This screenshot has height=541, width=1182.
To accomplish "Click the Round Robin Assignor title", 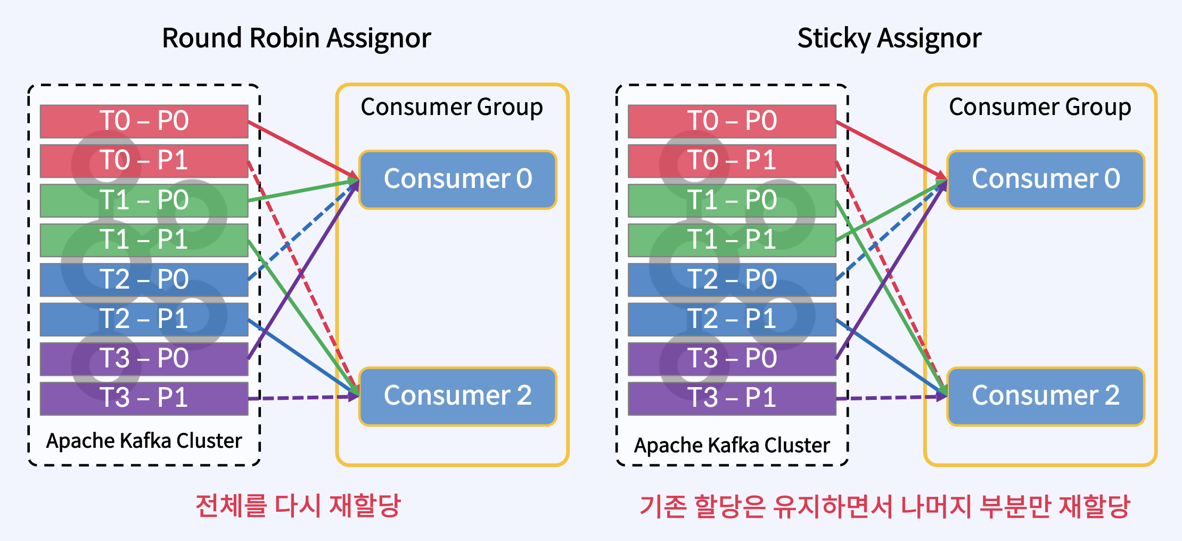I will pos(296,38).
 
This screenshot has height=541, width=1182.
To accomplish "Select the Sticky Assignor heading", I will pos(889,38).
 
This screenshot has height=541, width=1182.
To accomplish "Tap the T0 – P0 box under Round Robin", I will pos(144,121).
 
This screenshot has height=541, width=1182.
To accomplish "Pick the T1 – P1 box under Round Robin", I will pos(144,240).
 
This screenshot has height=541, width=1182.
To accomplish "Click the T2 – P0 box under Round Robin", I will pos(144,280).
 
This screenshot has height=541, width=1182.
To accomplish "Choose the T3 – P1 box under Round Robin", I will pos(144,398).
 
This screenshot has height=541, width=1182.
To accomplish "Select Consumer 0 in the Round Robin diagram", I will pos(458,179).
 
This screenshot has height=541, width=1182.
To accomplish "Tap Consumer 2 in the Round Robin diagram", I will pos(458,396).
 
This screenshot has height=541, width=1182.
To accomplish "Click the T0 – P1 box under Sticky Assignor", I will pos(732,160).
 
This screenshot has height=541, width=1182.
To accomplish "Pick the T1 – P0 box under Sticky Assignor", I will pos(732,200).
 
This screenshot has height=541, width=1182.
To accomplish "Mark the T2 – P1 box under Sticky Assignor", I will pos(732,319).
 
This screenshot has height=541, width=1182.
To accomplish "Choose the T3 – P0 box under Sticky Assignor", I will pos(732,358).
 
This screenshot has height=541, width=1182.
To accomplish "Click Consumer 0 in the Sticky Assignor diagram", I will pos(1046,179).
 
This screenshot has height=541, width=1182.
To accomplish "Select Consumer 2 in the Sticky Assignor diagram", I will pos(1046,396).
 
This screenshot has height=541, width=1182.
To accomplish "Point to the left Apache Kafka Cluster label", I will pos(144,441).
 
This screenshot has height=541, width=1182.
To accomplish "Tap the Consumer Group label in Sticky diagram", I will pos(1039,107).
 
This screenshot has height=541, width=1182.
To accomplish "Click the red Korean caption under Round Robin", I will pos(298,505).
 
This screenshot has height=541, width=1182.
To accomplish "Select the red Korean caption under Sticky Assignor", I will pos(884,506).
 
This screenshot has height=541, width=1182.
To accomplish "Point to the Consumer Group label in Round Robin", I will pos(452,107).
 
